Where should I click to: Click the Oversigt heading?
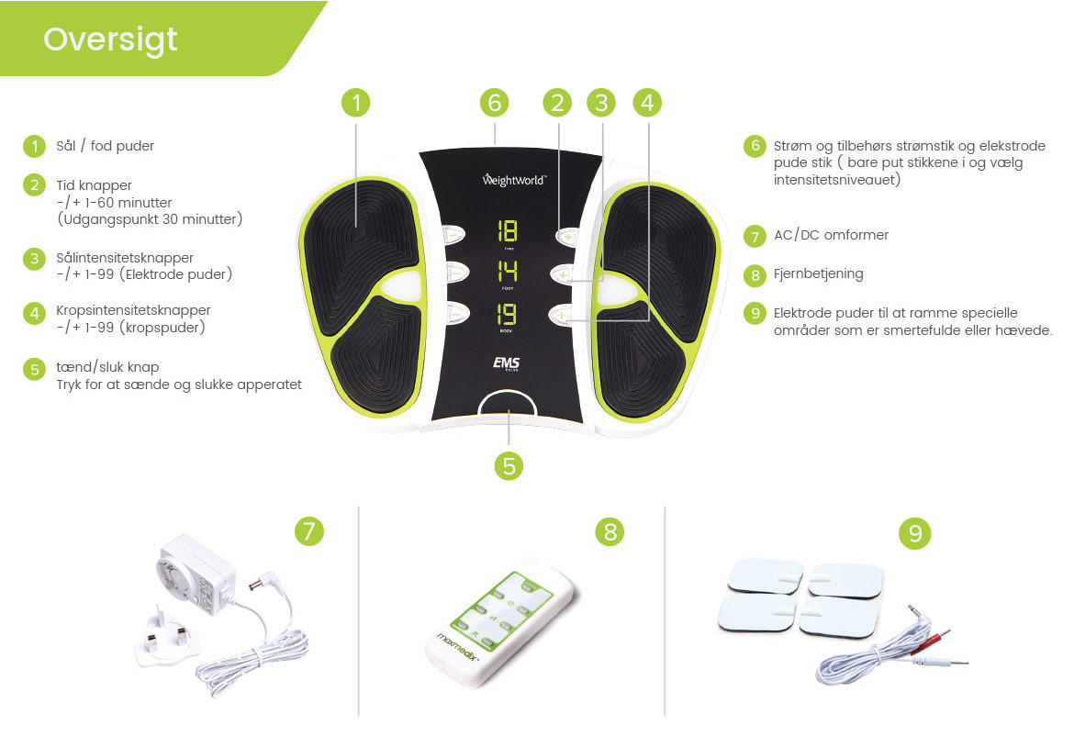(x=110, y=39)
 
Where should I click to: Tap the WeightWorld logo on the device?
(x=514, y=180)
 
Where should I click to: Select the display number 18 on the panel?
(x=508, y=230)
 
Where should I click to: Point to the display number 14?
(x=508, y=272)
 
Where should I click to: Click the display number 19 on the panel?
(x=507, y=314)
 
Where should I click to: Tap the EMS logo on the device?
(x=507, y=362)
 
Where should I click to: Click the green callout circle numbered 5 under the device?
(x=509, y=465)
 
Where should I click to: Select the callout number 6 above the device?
(x=495, y=103)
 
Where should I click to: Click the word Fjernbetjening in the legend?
(x=819, y=273)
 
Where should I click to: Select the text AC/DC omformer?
(x=831, y=235)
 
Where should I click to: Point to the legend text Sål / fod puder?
(x=105, y=146)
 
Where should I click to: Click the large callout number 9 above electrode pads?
(x=915, y=532)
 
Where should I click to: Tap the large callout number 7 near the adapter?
(x=309, y=530)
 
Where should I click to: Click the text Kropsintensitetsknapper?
(x=134, y=310)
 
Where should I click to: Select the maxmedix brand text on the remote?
(x=457, y=648)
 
